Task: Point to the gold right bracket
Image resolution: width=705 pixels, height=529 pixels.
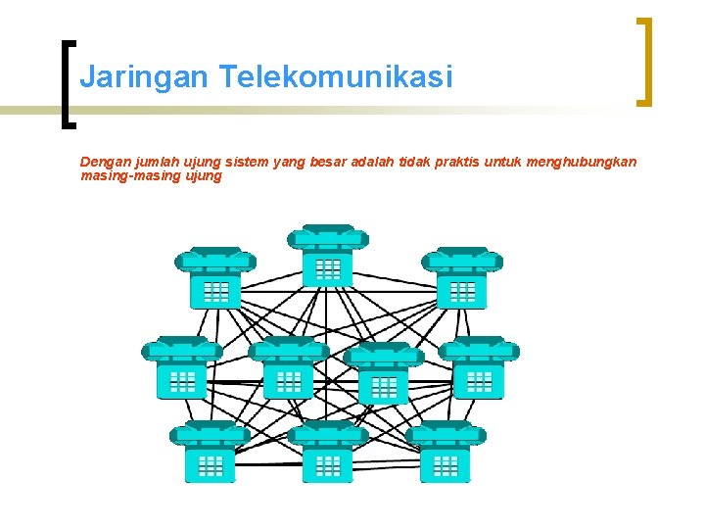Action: [x=644, y=61]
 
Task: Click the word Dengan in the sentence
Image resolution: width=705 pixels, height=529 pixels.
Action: [x=103, y=162]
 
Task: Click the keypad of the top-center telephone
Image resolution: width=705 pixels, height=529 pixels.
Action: [x=329, y=268]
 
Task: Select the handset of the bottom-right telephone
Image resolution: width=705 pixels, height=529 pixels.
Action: [x=446, y=432]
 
